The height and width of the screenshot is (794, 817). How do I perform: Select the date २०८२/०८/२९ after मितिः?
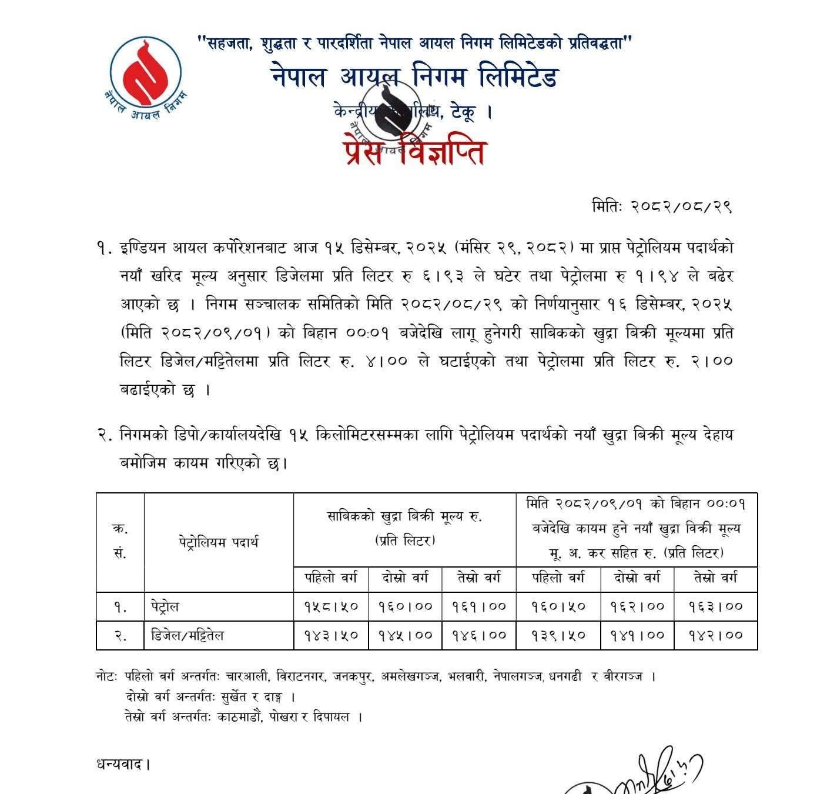[x=681, y=206]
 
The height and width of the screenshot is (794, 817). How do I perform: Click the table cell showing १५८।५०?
[x=331, y=606]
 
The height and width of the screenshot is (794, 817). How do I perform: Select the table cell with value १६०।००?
[x=405, y=606]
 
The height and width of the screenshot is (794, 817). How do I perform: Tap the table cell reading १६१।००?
[x=479, y=606]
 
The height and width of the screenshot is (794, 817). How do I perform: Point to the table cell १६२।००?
[x=637, y=606]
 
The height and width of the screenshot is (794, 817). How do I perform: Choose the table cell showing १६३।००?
[x=716, y=606]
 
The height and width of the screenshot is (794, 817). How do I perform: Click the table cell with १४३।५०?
[x=331, y=635]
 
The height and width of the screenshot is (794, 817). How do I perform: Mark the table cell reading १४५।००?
[x=405, y=635]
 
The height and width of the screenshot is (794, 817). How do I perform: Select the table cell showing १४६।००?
[x=479, y=635]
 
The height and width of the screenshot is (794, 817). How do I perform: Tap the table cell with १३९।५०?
[x=558, y=635]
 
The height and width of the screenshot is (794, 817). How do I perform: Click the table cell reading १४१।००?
[x=637, y=635]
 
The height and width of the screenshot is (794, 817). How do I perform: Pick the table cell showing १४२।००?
[x=716, y=635]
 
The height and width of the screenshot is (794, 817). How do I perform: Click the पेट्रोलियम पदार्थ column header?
[x=219, y=542]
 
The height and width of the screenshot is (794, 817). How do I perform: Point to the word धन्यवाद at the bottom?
[x=122, y=765]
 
